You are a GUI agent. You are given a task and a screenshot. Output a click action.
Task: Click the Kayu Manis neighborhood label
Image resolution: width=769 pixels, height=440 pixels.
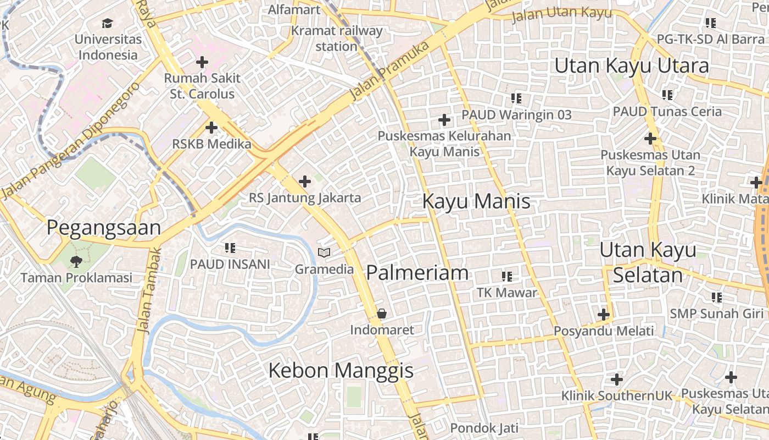(x=476, y=201)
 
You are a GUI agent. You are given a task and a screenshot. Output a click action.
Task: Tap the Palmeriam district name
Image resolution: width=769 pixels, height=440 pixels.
(x=417, y=273)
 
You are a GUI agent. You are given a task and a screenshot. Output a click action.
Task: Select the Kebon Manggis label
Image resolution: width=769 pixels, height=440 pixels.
(x=341, y=371)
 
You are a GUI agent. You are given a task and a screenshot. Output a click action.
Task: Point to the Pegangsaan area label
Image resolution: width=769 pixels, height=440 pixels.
(x=104, y=228)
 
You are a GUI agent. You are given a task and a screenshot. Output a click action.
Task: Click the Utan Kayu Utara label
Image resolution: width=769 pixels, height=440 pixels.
(x=632, y=65)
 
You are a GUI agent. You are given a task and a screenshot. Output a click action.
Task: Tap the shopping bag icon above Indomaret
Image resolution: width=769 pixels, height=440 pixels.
(x=382, y=314)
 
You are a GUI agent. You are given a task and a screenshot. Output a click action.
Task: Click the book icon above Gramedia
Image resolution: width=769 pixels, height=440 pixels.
(x=325, y=253)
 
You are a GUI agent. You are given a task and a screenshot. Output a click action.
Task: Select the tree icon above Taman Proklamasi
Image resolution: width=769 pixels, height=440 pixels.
(x=76, y=261)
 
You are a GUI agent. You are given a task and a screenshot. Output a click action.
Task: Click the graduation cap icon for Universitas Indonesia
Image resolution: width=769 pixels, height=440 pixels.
(x=107, y=23)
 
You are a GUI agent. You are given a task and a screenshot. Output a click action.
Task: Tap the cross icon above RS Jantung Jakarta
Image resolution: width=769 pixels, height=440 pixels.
(x=305, y=182)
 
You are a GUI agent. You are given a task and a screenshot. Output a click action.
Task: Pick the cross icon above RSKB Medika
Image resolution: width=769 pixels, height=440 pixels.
(x=211, y=128)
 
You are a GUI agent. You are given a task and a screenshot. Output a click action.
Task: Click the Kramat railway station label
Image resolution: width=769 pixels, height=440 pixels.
(x=337, y=38)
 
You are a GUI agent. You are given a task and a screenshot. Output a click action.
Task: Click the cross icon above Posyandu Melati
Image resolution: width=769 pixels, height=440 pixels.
(x=604, y=315)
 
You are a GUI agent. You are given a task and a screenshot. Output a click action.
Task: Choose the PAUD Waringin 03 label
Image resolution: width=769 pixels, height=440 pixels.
(x=516, y=115)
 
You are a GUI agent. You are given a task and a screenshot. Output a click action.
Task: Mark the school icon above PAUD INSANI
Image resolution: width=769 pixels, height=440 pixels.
(x=230, y=248)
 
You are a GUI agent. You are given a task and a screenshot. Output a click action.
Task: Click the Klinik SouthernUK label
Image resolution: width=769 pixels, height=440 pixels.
(x=616, y=396)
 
